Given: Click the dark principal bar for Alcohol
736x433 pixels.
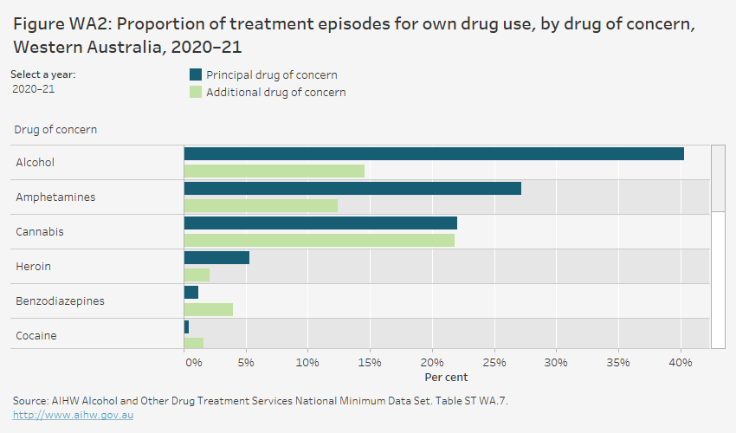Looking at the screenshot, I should point(433,154).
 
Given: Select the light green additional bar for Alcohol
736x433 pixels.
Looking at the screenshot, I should point(274,171).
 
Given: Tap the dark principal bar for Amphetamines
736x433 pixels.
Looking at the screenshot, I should point(352,189).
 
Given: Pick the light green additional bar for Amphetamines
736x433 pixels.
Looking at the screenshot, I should point(261,206).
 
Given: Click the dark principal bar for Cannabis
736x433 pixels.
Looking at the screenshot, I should point(320,223).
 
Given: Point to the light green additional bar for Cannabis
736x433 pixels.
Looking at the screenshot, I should point(319,241).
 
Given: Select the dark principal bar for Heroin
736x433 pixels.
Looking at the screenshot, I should point(216,258).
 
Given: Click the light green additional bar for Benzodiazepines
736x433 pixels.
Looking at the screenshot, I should point(209,310).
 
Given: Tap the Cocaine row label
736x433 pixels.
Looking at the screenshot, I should point(36,335).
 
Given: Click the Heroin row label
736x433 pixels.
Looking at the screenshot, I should point(34,267).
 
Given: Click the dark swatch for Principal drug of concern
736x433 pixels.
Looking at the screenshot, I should point(196,74).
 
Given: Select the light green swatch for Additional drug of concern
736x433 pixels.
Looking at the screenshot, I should point(196,92).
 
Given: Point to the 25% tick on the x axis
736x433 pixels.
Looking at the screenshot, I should point(494,362).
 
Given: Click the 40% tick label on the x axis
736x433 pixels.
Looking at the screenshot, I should point(680,362).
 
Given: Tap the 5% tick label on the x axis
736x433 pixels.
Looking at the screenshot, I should point(246,362).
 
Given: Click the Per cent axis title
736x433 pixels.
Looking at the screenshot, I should point(446,378).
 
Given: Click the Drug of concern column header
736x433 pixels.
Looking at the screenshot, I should point(55,130).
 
